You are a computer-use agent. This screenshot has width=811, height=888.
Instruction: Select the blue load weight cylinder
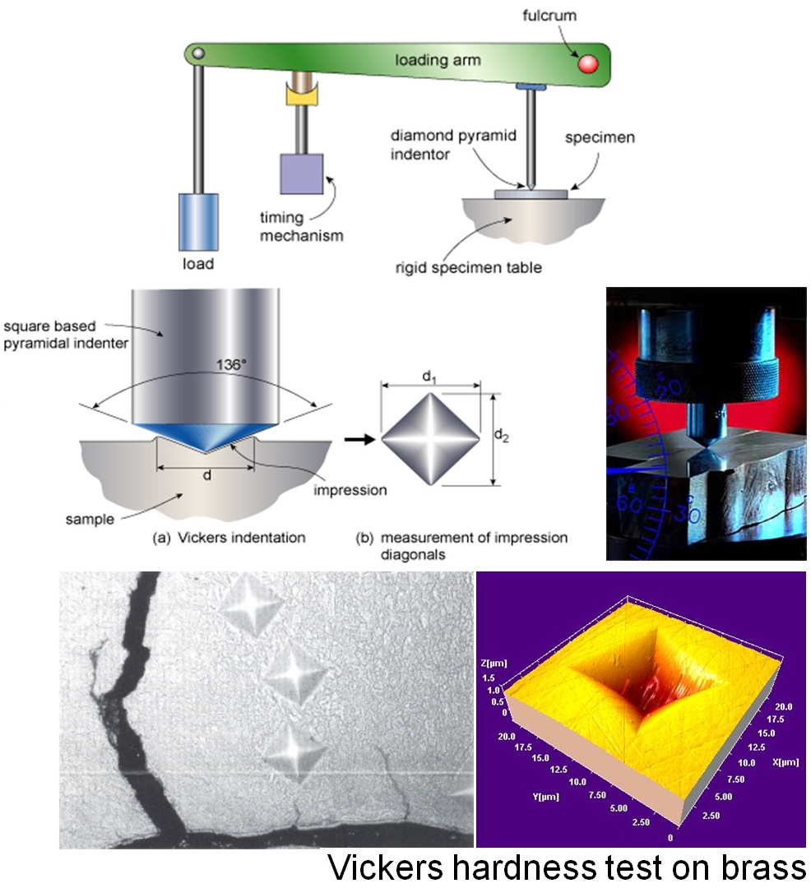tap(198, 221)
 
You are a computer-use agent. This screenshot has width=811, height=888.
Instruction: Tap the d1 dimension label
tap(428, 376)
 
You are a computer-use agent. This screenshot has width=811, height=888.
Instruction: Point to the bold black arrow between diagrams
tap(357, 439)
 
